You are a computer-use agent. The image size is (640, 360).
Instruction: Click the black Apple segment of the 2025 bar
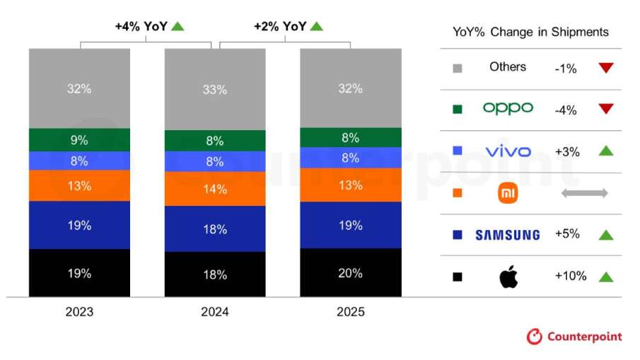click(x=350, y=272)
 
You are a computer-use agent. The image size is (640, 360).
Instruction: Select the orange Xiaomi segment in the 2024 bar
click(x=215, y=189)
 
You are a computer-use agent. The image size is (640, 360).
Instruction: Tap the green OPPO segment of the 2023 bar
click(x=79, y=140)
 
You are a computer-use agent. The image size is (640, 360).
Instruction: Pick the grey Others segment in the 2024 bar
click(x=215, y=90)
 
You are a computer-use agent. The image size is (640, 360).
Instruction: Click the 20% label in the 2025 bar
click(x=350, y=273)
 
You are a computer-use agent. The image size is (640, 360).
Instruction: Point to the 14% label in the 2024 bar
click(x=215, y=189)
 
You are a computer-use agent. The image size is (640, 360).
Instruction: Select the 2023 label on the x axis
click(x=79, y=312)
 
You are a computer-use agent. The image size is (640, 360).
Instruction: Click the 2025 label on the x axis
click(x=350, y=312)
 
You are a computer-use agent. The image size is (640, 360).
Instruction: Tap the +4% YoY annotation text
click(x=141, y=26)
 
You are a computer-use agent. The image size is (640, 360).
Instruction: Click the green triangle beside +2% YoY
click(x=316, y=26)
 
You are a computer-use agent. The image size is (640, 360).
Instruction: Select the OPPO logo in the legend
click(x=508, y=108)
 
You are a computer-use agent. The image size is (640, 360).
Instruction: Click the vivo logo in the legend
click(x=508, y=151)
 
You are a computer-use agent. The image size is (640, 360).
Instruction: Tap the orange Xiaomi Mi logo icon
click(x=508, y=193)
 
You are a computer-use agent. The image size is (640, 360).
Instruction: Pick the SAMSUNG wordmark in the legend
click(x=507, y=235)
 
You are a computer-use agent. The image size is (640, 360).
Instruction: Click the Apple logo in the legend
click(x=508, y=277)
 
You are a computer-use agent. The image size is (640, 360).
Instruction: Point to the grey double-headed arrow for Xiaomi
click(x=584, y=192)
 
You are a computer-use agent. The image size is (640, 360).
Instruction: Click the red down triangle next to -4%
click(x=605, y=110)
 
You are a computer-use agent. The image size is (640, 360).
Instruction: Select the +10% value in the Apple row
click(x=570, y=276)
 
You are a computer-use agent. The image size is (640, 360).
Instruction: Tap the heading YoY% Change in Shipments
click(x=530, y=32)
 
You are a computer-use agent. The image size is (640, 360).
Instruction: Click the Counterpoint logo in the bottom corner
click(x=574, y=336)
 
